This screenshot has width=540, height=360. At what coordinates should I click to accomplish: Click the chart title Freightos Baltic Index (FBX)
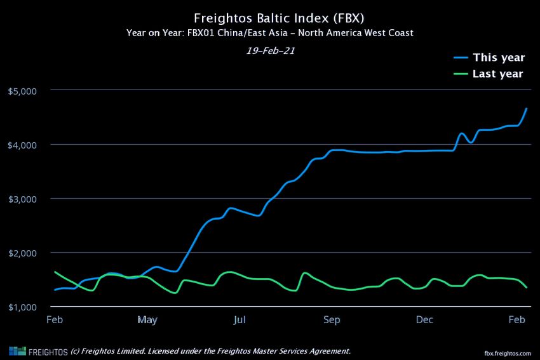click(269, 18)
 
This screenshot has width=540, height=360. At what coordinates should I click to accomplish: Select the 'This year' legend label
click(499, 58)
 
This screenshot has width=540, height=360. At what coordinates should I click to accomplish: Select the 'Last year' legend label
click(498, 74)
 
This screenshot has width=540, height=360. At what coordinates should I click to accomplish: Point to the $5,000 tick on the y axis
click(23, 91)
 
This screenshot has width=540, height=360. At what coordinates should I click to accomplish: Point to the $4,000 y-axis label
click(23, 145)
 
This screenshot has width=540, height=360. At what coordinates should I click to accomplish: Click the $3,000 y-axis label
click(23, 199)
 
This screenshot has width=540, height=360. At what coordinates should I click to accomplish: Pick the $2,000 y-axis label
click(23, 253)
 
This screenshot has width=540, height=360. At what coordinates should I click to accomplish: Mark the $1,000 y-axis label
click(23, 307)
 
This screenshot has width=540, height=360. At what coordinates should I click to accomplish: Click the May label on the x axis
click(147, 319)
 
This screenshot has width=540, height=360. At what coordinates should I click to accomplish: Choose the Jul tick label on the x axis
click(240, 319)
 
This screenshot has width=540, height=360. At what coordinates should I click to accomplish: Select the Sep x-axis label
click(332, 319)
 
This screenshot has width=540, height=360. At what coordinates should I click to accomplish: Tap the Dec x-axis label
click(424, 319)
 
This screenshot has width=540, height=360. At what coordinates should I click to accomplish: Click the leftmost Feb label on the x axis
click(55, 319)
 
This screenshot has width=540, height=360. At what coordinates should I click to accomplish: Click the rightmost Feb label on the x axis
click(517, 319)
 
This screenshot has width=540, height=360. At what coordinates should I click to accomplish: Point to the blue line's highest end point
click(527, 109)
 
